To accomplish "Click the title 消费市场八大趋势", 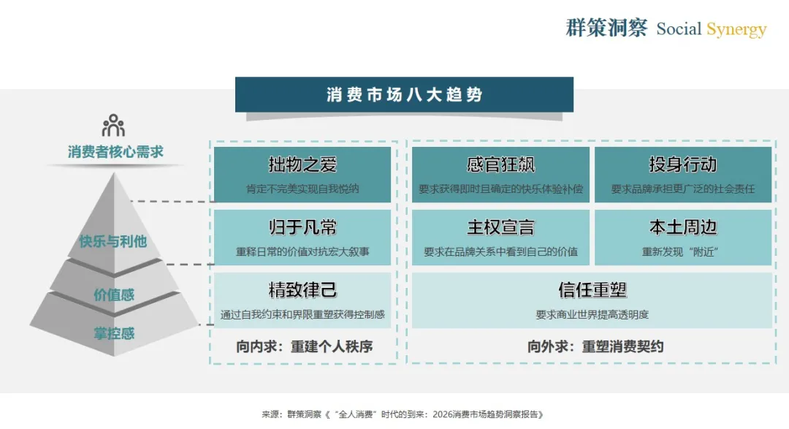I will pyautogui.click(x=404, y=95).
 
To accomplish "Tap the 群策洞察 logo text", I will pyautogui.click(x=606, y=29).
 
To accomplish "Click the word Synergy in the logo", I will pyautogui.click(x=736, y=29).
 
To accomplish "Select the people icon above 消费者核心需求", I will pyautogui.click(x=113, y=126).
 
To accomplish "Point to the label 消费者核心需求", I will pyautogui.click(x=115, y=152).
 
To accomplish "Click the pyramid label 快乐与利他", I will pyautogui.click(x=113, y=241).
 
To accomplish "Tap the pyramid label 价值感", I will pyautogui.click(x=114, y=295).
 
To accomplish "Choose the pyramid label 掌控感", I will pyautogui.click(x=114, y=333).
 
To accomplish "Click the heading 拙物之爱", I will pyautogui.click(x=302, y=164).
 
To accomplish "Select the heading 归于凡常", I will pyautogui.click(x=302, y=227).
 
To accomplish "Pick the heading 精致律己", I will pyautogui.click(x=302, y=290).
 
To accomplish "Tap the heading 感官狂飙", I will pyautogui.click(x=500, y=164).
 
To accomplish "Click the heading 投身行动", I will pyautogui.click(x=682, y=164).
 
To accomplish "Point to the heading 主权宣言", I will pyautogui.click(x=500, y=227).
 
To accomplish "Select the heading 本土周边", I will pyautogui.click(x=682, y=227).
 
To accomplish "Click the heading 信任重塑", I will pyautogui.click(x=592, y=290).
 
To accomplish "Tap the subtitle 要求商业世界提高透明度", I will pyautogui.click(x=592, y=315).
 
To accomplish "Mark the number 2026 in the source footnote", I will pyautogui.click(x=443, y=414).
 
